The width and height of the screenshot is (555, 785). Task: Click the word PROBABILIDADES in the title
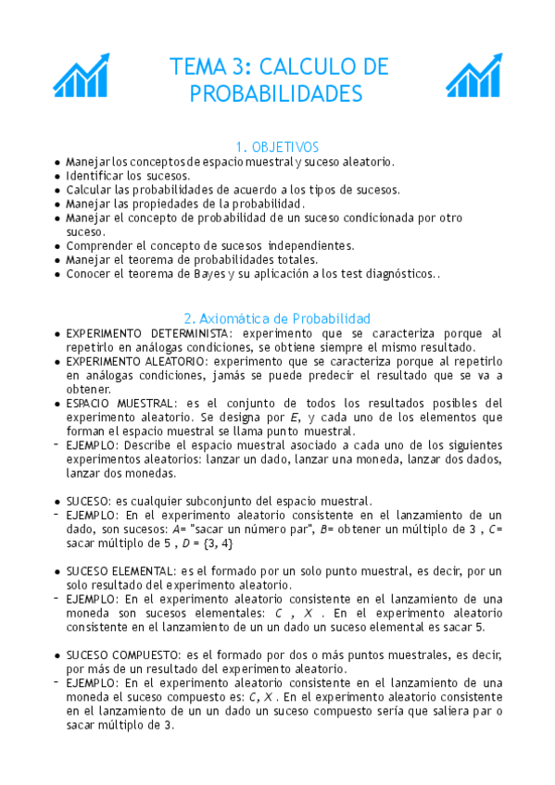277,94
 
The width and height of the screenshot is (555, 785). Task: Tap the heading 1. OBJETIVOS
277,147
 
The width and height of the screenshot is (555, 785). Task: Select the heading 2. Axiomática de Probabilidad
277,318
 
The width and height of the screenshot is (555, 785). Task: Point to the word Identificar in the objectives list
95,175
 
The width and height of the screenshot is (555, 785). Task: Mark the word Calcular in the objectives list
90,189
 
